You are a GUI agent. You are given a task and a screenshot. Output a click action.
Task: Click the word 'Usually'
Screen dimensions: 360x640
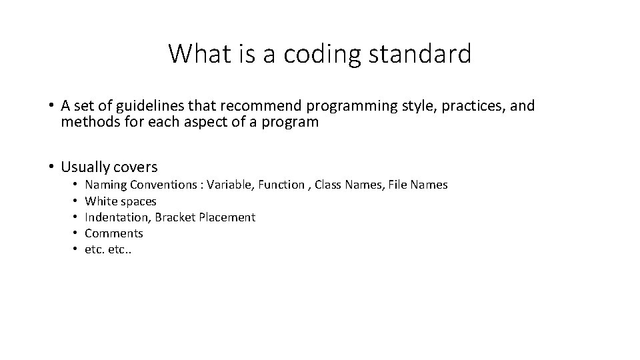(85, 166)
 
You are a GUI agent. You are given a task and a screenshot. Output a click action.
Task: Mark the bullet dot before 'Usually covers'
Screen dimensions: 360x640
(51, 166)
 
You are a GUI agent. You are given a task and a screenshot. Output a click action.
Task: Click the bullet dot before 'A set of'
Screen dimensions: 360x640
(51, 106)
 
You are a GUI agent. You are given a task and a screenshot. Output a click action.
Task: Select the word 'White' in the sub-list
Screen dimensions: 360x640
(101, 201)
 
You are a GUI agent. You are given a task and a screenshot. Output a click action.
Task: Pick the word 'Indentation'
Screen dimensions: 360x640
(117, 217)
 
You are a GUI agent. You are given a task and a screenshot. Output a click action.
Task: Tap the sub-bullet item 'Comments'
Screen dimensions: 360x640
(114, 233)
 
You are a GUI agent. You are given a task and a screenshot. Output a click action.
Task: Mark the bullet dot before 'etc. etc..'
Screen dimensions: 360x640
(77, 249)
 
